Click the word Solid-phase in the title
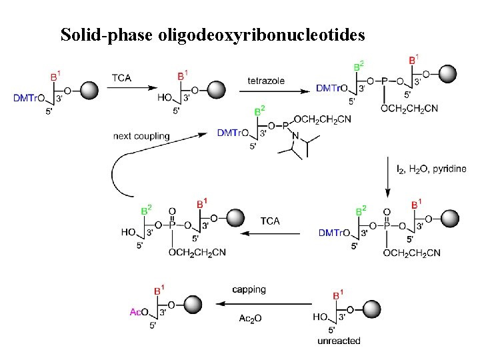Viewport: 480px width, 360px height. pyautogui.click(x=107, y=35)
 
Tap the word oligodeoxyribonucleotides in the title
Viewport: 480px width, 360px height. pyautogui.click(x=261, y=35)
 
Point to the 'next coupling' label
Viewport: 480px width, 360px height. pyautogui.click(x=141, y=136)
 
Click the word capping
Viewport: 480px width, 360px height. pyautogui.click(x=249, y=289)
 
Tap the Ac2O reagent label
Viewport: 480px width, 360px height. pyautogui.click(x=249, y=318)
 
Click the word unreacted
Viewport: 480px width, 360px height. pyautogui.click(x=339, y=341)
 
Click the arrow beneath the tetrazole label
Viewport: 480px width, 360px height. pyautogui.click(x=267, y=89)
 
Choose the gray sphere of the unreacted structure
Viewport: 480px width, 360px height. pyautogui.click(x=370, y=304)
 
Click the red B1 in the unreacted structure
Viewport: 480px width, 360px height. pyautogui.click(x=338, y=293)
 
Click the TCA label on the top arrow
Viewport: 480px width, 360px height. pyautogui.click(x=121, y=78)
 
